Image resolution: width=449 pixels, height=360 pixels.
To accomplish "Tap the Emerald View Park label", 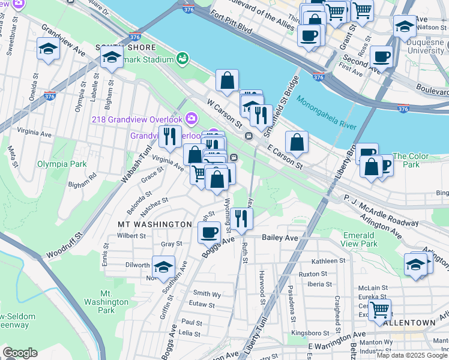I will tap(360, 239).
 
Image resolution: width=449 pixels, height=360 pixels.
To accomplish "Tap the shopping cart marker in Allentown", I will tap(379, 310).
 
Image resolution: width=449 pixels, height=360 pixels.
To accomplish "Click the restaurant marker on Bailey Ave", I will tap(242, 219).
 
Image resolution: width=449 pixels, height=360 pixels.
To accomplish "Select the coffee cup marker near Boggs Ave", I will tap(209, 232).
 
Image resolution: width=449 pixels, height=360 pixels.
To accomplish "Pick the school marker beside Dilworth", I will tap(162, 267).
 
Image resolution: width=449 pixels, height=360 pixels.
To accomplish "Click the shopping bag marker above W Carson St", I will tap(228, 80).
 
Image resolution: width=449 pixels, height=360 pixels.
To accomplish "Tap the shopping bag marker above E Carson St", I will tap(297, 142).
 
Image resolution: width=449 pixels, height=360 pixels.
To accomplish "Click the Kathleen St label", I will tap(328, 261).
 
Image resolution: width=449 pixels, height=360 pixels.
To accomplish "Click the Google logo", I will tap(20, 352).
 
